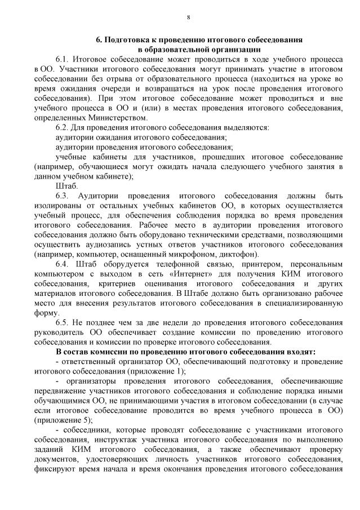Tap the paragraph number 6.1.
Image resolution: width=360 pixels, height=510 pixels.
coord(64,59)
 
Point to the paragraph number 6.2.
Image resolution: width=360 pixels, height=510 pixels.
coord(64,127)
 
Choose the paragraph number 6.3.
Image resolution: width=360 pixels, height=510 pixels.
coord(64,196)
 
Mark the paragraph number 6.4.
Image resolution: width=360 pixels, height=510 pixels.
coord(64,264)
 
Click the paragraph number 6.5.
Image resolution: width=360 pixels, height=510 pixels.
coord(64,323)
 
